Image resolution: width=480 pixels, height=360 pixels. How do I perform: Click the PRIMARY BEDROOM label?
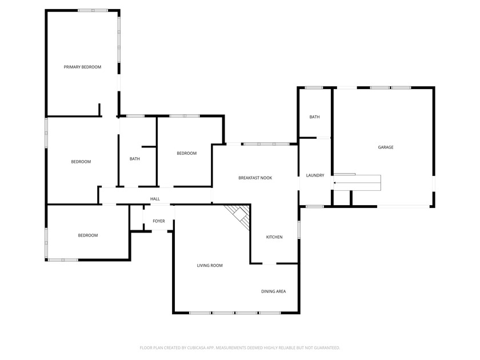click(x=82, y=67)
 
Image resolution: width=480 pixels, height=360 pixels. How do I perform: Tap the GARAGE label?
click(x=385, y=147)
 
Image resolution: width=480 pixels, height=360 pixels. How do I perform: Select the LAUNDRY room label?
click(x=315, y=175)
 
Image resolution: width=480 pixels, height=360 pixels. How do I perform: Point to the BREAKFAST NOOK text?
click(x=255, y=178)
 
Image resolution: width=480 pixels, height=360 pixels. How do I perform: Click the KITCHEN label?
click(x=274, y=237)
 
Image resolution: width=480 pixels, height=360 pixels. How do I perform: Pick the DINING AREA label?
click(x=273, y=291)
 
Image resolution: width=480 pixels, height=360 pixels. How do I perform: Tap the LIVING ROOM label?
click(x=210, y=265)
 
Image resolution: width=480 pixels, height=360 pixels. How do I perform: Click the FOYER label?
click(x=159, y=221)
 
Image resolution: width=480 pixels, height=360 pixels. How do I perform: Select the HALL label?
click(x=155, y=199)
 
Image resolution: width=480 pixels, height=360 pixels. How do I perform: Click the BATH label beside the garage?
click(x=314, y=117)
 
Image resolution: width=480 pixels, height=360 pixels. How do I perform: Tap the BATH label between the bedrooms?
click(x=135, y=159)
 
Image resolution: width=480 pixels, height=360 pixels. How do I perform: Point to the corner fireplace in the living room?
click(x=239, y=217)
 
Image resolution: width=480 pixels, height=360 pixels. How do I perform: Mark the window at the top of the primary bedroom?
click(x=93, y=10)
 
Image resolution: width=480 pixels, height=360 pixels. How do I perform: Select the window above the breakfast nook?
click(x=266, y=144)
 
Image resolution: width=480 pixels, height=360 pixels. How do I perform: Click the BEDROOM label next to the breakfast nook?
click(x=186, y=153)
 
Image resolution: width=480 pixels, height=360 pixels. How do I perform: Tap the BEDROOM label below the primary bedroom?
click(x=81, y=162)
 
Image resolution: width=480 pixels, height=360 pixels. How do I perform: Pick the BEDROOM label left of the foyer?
click(x=88, y=235)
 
